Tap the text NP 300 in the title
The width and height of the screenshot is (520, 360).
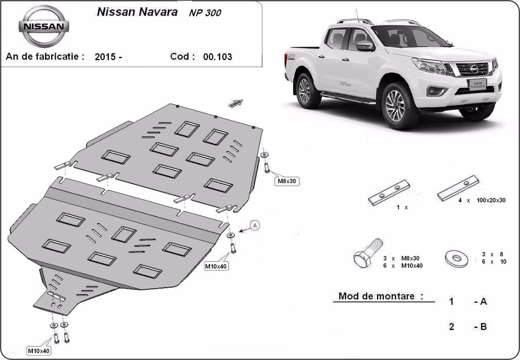coord(205,13)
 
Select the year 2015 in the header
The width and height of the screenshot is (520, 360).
coord(105,57)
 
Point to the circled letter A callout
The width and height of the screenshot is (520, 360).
coord(255,225)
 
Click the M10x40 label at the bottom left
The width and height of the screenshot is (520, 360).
coord(39,350)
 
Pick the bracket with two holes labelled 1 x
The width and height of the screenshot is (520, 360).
coord(389,192)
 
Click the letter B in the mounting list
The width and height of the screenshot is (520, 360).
coord(483,327)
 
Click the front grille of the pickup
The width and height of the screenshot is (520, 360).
coord(472,68)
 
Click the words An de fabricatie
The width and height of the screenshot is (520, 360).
coord(45,57)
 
